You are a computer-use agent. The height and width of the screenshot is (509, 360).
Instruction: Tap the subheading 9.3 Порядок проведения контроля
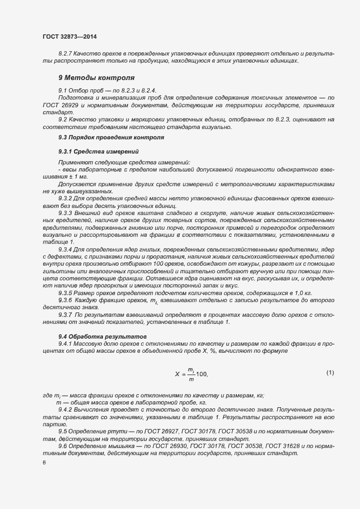coord(111,138)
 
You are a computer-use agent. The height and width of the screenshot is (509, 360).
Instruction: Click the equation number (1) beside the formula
coord(330,372)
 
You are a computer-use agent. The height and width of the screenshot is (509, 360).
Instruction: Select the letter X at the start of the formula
coord(177,374)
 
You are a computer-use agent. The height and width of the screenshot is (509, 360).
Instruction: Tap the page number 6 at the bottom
coord(44,463)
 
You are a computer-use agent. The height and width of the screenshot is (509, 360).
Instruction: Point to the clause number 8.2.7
coord(66,53)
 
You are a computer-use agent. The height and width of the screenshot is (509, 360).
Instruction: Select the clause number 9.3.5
coord(66,292)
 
